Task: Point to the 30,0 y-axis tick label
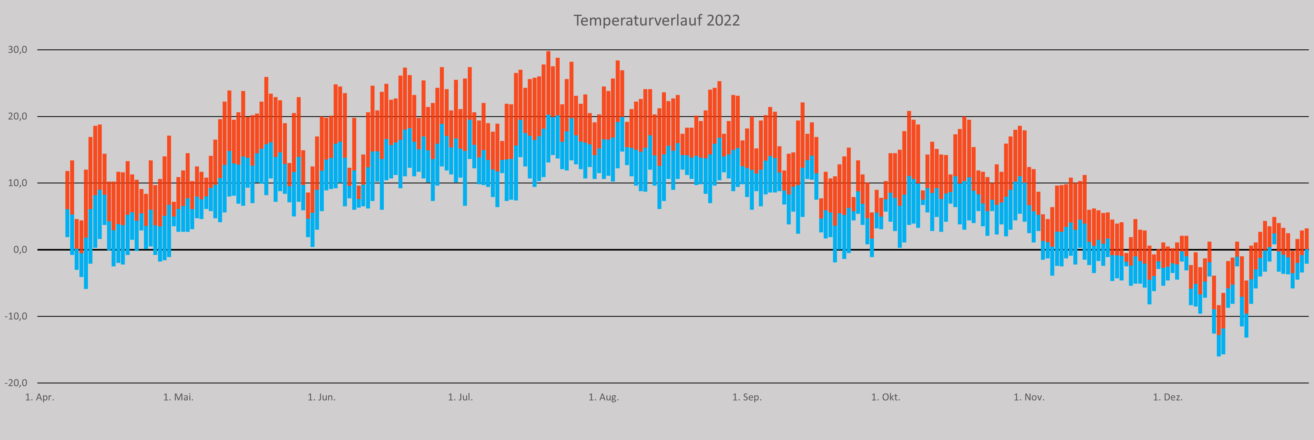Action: (x=17, y=49)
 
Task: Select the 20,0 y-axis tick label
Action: (x=17, y=116)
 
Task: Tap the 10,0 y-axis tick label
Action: (x=17, y=183)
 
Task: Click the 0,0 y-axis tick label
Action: (x=19, y=249)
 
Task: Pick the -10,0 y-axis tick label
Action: (x=16, y=316)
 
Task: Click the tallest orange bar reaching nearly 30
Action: (x=548, y=82)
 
